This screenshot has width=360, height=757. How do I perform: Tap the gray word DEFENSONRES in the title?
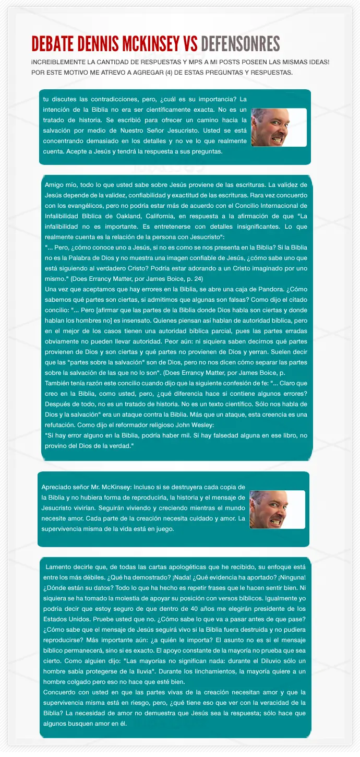point(240,44)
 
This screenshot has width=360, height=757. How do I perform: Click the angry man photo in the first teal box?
point(278,127)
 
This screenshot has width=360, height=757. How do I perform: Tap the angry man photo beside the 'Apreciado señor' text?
point(277,510)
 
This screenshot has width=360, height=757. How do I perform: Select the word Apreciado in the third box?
point(58,487)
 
